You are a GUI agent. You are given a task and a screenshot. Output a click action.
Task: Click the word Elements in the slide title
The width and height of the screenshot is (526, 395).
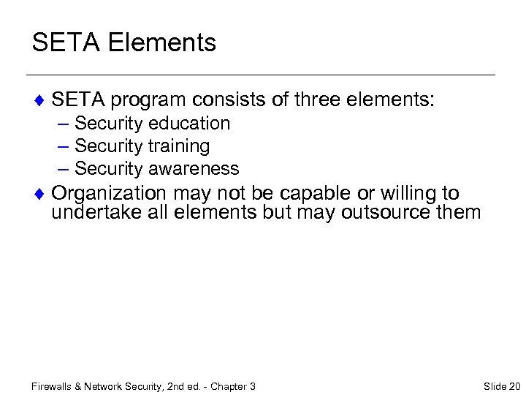point(164,42)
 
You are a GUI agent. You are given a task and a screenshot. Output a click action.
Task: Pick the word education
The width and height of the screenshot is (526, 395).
point(189,124)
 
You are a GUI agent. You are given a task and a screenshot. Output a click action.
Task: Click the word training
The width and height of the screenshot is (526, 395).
point(179,146)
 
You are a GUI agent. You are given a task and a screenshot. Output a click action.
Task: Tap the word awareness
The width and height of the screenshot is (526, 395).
point(194,168)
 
